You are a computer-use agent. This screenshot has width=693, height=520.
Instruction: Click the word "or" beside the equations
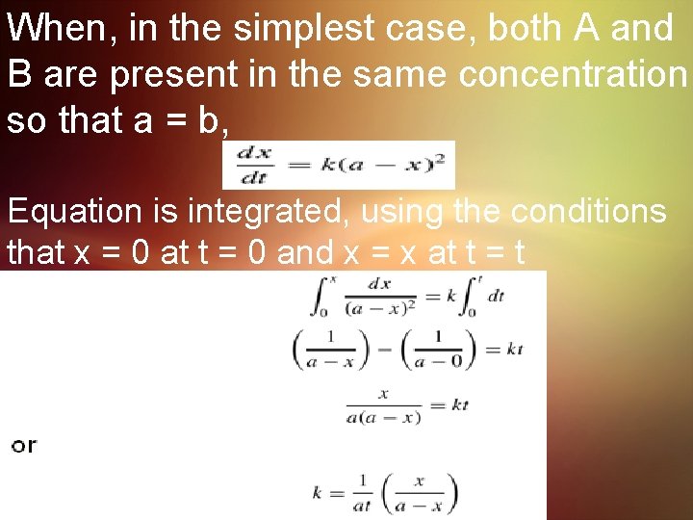click(x=24, y=445)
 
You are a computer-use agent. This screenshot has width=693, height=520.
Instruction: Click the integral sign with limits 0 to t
click(x=472, y=297)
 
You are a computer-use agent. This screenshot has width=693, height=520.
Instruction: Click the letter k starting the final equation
click(x=317, y=492)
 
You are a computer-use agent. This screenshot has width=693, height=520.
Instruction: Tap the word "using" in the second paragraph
click(x=401, y=211)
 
